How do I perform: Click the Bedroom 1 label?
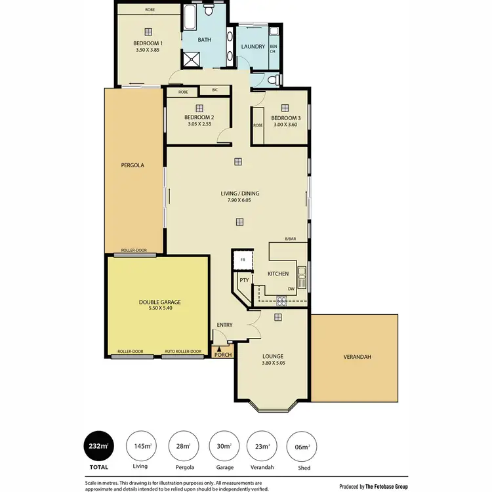coord(148,43)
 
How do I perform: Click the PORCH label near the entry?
coord(224,355)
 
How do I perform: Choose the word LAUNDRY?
coord(253,47)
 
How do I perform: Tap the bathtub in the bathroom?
coord(190,18)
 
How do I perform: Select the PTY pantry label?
coord(243,280)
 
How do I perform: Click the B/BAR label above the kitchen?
coord(291,239)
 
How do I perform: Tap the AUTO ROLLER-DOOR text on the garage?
coord(182,352)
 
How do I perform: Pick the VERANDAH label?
coord(357,357)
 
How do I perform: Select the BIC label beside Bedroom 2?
coord(215,90)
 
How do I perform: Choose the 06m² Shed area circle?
coord(303,447)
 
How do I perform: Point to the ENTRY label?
coord(224,325)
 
